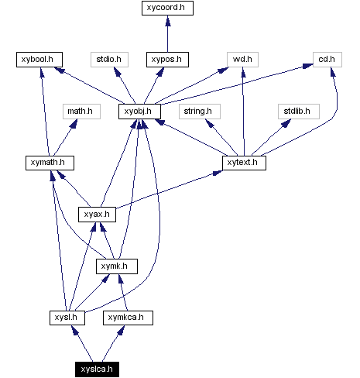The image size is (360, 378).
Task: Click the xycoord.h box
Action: pyautogui.click(x=167, y=9)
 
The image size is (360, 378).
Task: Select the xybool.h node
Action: pyautogui.click(x=39, y=59)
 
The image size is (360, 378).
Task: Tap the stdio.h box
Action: pyautogui.click(x=109, y=59)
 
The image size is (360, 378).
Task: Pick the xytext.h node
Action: pyautogui.click(x=244, y=163)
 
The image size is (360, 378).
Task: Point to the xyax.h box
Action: pyautogui.click(x=98, y=214)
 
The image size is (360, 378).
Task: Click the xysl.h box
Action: pyautogui.click(x=63, y=318)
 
